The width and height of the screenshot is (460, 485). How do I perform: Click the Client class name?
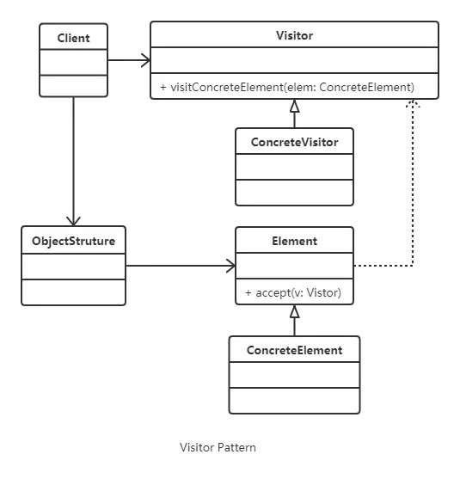coord(73,38)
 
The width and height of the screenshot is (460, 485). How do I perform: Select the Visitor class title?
coord(294,35)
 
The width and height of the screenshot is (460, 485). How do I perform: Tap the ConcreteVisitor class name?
coord(294,142)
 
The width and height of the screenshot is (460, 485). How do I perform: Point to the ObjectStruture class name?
coord(73,242)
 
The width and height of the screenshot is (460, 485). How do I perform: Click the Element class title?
coord(294,242)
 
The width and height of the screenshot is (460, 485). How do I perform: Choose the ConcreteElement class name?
coord(294,351)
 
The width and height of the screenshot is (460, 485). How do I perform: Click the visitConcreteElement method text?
coord(287,87)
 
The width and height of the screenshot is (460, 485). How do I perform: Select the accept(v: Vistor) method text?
coord(293,292)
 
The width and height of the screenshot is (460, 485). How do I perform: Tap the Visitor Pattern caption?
coord(218,447)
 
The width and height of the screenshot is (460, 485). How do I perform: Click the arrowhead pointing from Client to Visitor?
coord(146,60)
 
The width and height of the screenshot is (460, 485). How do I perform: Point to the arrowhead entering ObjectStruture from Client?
coord(73,222)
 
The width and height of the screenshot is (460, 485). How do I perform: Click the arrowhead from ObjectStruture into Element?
coord(231,266)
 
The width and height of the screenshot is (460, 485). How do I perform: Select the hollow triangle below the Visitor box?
coord(294,106)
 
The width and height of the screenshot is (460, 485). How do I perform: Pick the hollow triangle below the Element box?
coord(294,311)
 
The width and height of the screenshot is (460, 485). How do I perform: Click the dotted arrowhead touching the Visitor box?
coord(413,103)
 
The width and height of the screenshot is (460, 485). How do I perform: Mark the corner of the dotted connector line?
coord(413,266)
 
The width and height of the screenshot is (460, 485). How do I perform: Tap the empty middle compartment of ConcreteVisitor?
coord(294,167)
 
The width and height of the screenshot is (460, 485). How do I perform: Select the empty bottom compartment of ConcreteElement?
coord(294,400)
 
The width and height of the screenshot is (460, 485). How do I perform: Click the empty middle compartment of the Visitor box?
coord(294,60)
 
